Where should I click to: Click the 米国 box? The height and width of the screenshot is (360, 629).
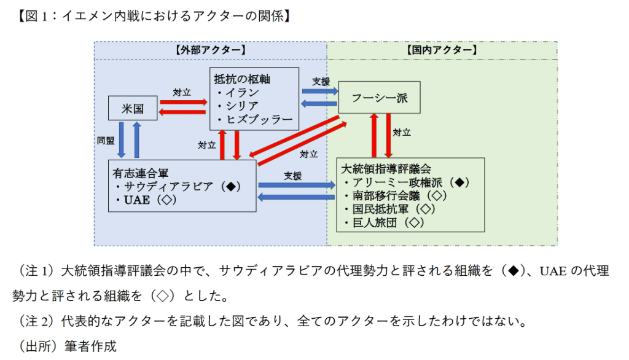pyautogui.click(x=133, y=108)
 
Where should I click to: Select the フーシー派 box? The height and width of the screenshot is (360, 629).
pyautogui.click(x=380, y=97)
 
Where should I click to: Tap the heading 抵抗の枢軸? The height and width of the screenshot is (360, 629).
pyautogui.click(x=242, y=79)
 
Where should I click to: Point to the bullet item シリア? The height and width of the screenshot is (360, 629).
pyautogui.click(x=238, y=106)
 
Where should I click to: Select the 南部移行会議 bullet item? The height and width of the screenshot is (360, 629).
pyautogui.click(x=396, y=196)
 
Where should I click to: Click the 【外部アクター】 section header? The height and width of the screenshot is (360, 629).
pyautogui.click(x=210, y=50)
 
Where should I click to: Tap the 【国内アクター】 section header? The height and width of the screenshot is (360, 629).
pyautogui.click(x=442, y=50)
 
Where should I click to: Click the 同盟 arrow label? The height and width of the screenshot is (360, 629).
pyautogui.click(x=106, y=140)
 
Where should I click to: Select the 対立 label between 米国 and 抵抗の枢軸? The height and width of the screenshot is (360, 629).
pyautogui.click(x=182, y=92)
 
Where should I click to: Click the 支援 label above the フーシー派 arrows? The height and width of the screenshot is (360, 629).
pyautogui.click(x=321, y=81)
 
